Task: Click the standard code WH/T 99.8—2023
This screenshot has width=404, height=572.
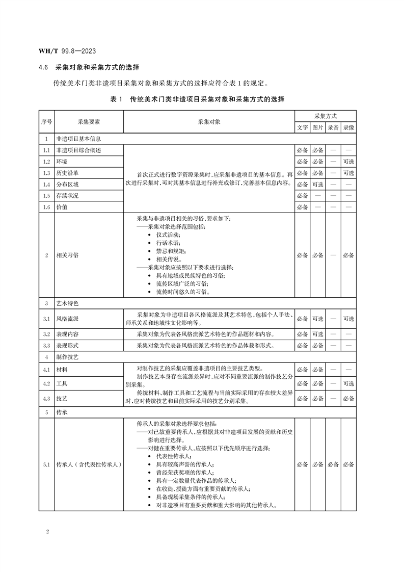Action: pos(68,51)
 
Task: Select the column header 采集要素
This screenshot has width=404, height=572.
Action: pos(88,122)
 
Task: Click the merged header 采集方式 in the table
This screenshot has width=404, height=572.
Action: pos(325,116)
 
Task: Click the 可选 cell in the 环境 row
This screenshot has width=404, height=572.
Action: pos(348,161)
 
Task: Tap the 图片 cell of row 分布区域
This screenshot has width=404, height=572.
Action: pos(317,185)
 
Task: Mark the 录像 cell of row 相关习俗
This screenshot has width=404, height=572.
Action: pos(348,255)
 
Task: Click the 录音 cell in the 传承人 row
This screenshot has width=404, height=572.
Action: pos(333,464)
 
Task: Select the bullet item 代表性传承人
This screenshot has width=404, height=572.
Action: pos(174,456)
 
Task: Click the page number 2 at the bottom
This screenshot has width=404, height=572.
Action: pos(47,532)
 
